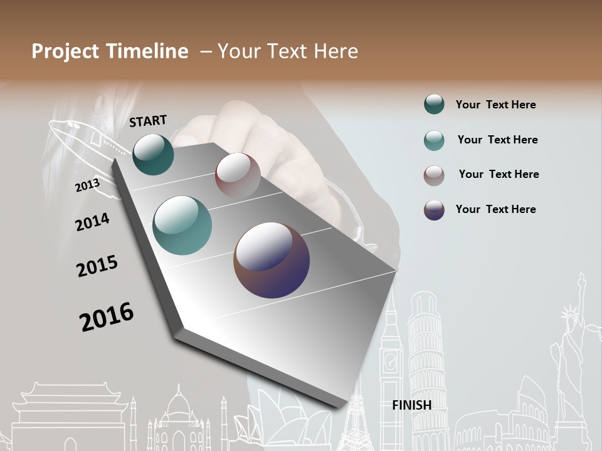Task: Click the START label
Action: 148,121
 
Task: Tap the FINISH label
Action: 411,405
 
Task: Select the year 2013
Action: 87,185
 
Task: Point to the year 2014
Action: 92,222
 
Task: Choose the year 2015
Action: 97,266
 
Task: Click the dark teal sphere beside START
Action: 153,154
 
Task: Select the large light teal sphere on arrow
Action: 182,225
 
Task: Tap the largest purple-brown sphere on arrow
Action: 272,260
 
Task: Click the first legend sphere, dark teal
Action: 434,105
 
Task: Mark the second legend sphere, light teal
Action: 434,140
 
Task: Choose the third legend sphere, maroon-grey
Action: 434,175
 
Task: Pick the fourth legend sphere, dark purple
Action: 434,210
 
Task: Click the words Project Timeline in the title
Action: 110,51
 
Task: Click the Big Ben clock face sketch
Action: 390,361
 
